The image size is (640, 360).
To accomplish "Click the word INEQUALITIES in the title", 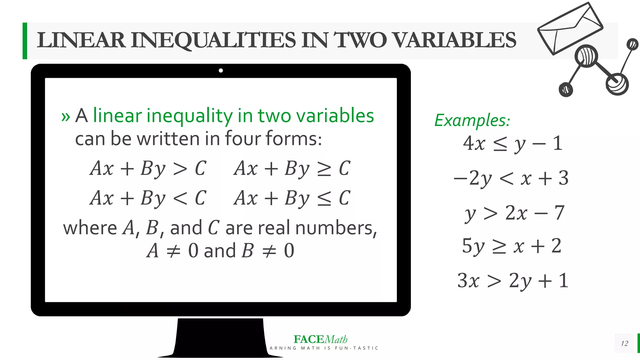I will point(213,41).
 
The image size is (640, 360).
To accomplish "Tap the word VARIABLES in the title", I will point(454,41).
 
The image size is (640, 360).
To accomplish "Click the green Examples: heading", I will point(472,120).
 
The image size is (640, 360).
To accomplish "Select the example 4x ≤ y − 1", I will point(512,144).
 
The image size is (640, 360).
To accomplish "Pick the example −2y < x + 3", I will point(511,178).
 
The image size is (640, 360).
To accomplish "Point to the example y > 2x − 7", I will point(514,213).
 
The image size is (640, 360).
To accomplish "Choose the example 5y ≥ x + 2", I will point(512,246).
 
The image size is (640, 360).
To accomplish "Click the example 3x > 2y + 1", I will point(512,281).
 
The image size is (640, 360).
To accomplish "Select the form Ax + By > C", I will point(148,169).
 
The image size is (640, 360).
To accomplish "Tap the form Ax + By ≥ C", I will point(292,169).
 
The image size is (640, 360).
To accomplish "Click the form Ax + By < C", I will point(148,198).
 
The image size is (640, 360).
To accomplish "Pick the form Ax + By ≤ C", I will point(292,198).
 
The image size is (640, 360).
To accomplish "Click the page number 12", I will point(624,343).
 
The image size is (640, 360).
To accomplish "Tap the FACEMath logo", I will point(320,339).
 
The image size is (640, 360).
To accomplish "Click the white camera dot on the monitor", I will point(221,71).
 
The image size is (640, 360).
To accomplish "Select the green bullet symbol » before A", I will point(66,117).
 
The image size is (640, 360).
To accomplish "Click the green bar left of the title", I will point(25,41).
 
